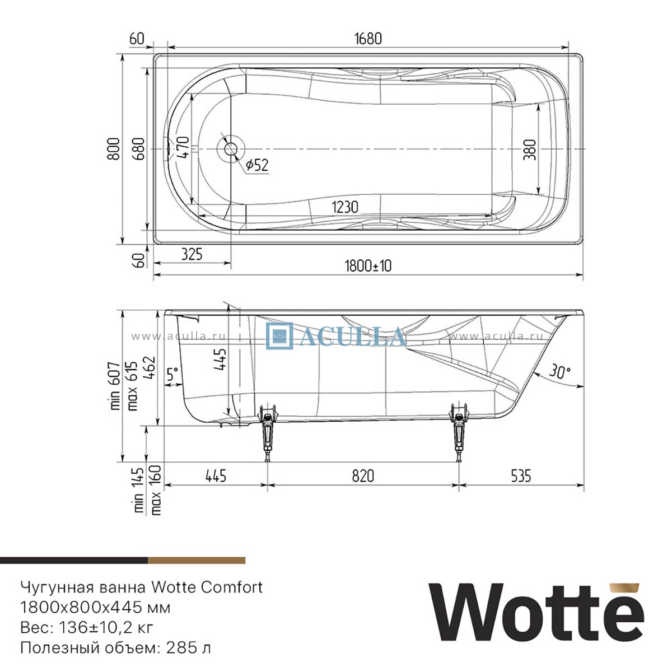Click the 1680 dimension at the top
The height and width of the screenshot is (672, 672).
(x=368, y=39)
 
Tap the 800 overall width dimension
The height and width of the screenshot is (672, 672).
(x=114, y=149)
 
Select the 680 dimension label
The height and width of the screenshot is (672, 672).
(x=139, y=149)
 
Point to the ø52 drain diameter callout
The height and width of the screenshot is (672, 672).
(x=258, y=165)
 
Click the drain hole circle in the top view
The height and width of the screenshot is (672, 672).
(x=231, y=150)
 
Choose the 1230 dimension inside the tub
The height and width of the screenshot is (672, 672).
(x=345, y=207)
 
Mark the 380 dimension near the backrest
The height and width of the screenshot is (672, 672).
(x=530, y=150)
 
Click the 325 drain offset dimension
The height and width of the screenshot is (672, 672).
(x=192, y=254)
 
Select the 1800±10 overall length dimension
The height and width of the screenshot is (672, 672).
(x=368, y=266)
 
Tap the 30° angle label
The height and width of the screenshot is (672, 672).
(x=560, y=371)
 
